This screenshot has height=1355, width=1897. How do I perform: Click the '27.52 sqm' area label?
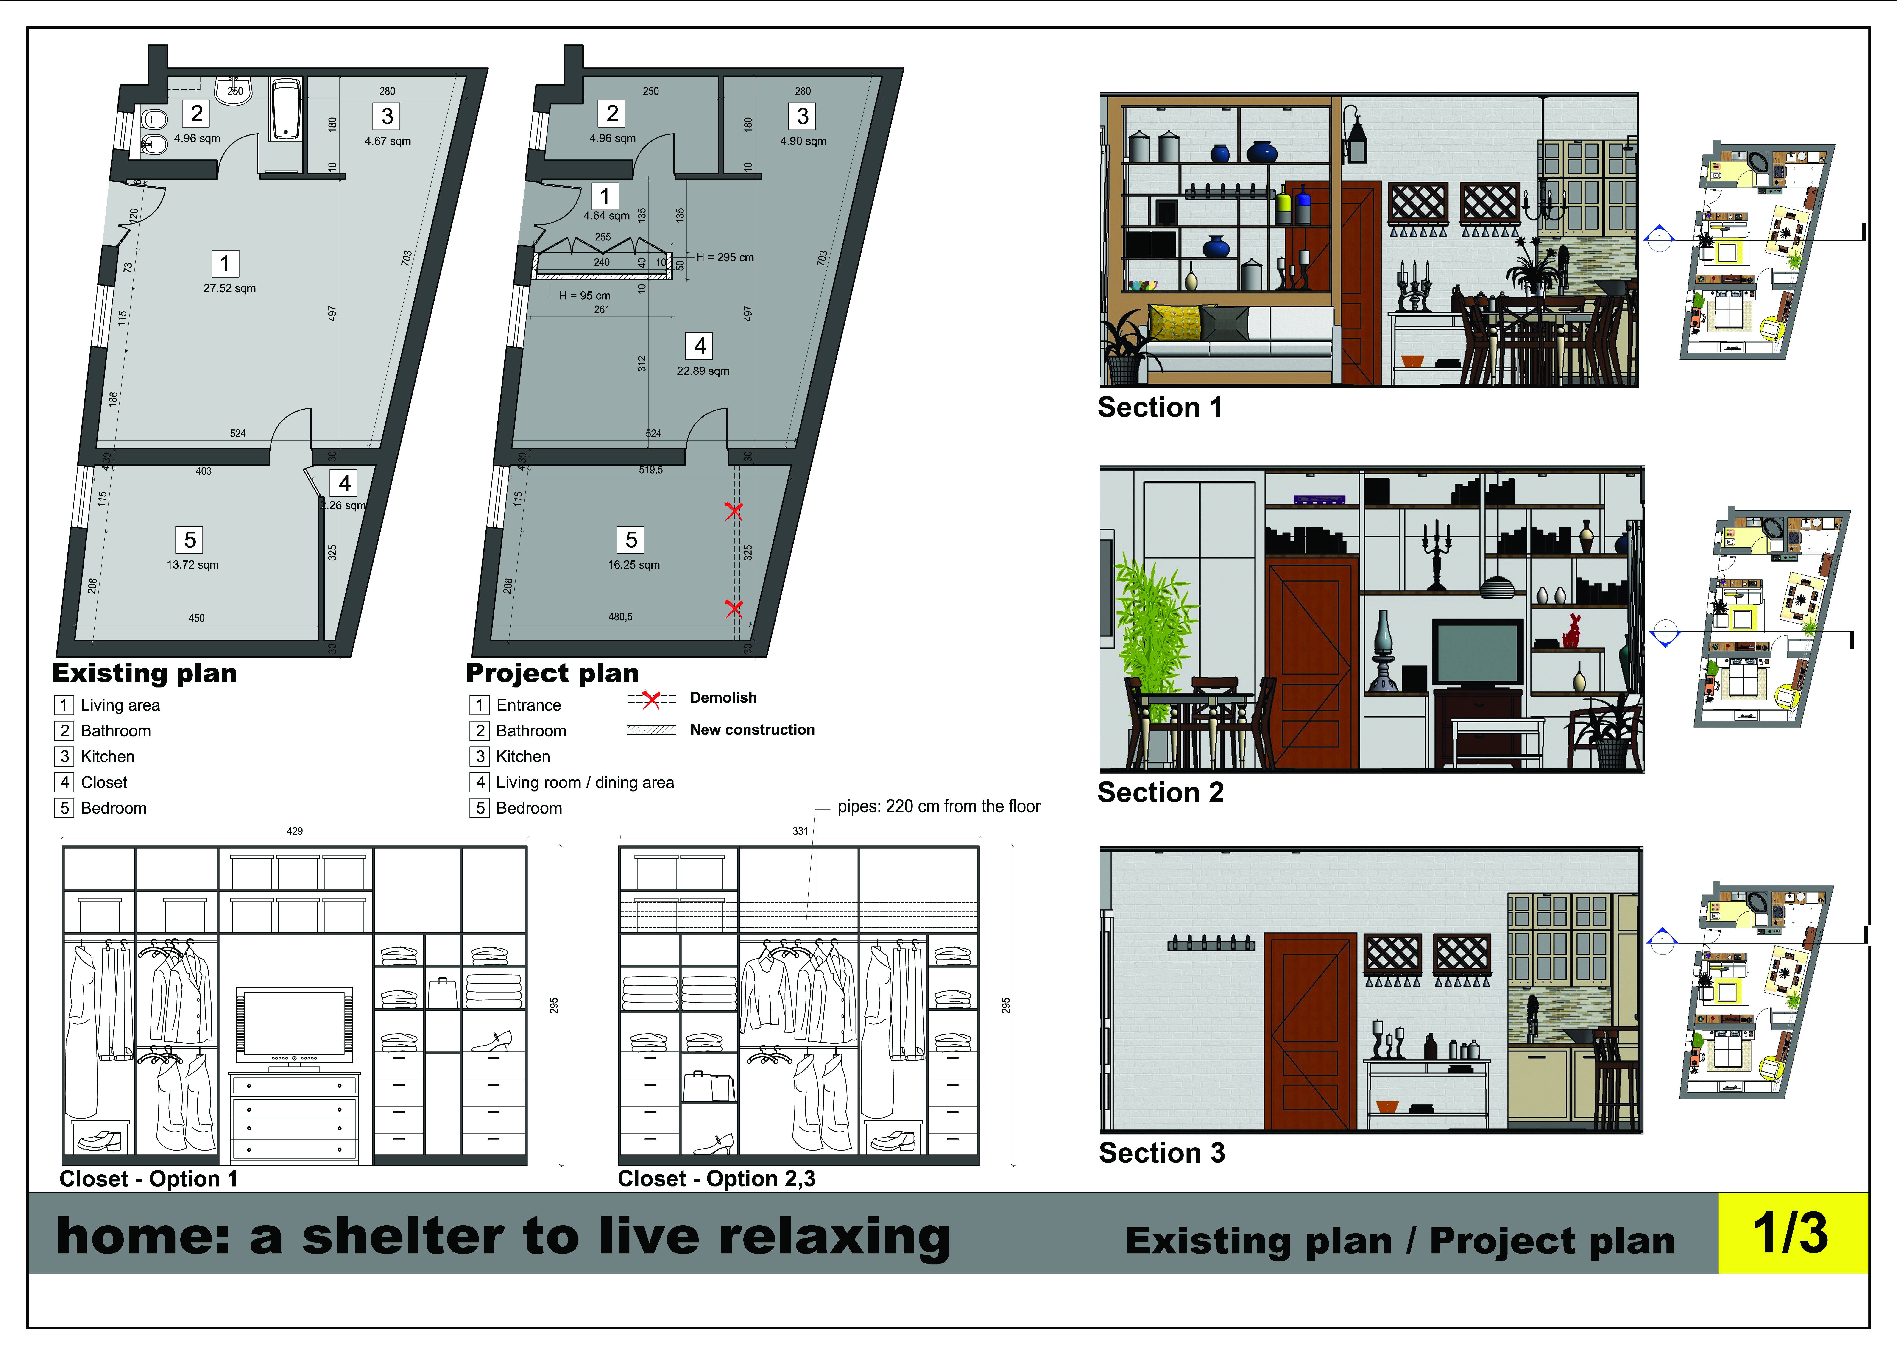click(x=229, y=289)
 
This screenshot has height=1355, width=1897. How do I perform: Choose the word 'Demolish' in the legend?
click(x=723, y=697)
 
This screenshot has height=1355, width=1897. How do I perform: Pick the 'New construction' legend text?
click(x=753, y=730)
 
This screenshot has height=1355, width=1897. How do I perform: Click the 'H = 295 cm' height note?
click(x=725, y=258)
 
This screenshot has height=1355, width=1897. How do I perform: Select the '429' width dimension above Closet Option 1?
click(x=294, y=831)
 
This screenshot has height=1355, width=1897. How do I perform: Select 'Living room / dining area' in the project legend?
click(x=585, y=783)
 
